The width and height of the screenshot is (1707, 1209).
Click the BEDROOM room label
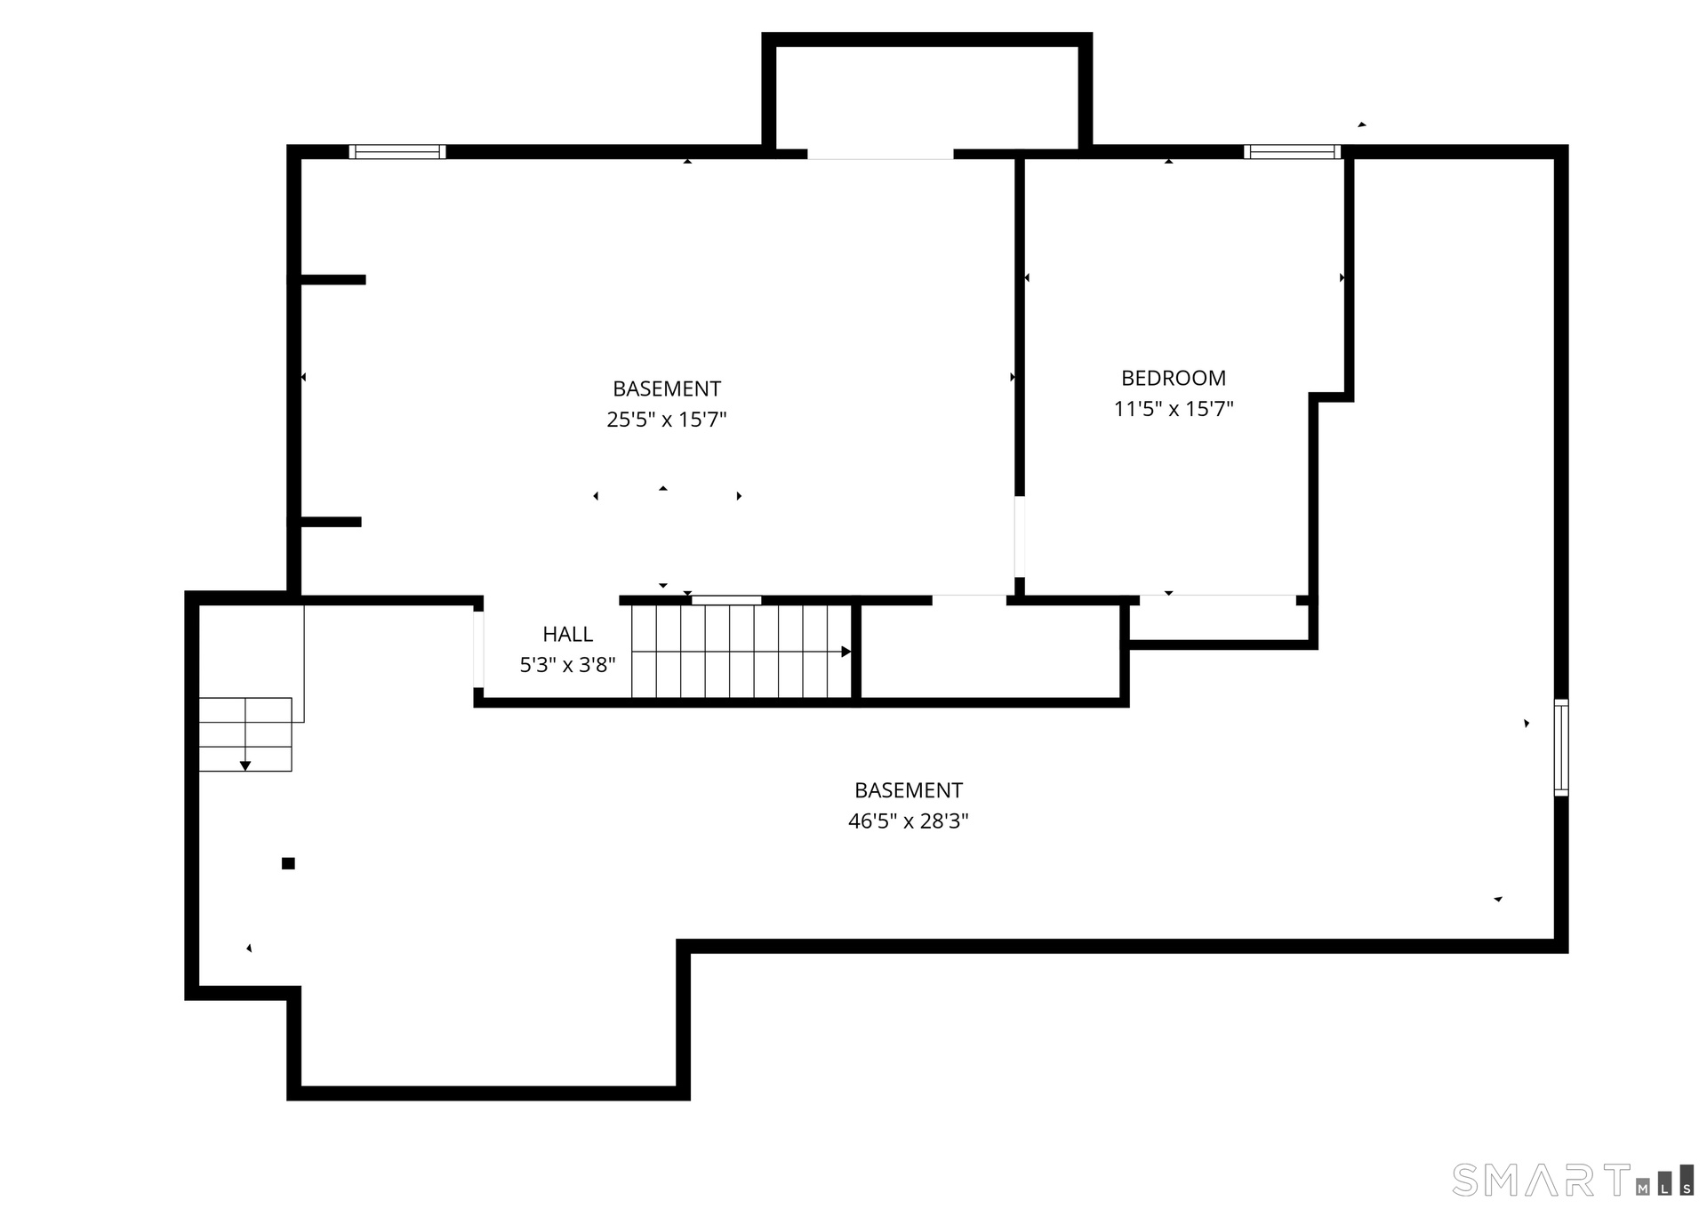point(1174,379)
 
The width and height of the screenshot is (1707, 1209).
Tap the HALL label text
point(568,635)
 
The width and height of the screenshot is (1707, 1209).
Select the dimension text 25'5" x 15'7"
point(667,420)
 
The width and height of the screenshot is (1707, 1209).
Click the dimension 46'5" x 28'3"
point(908,821)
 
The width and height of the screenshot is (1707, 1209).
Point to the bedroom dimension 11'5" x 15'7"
point(1174,409)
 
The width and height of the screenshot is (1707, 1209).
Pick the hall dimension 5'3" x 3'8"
point(567,665)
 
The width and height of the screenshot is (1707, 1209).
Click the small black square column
point(288,863)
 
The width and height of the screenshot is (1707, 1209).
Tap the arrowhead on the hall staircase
point(846,652)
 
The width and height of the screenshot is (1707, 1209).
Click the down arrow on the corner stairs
point(245,765)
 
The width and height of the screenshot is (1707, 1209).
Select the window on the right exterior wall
point(1561,748)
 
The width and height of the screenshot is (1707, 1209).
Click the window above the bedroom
point(1292,152)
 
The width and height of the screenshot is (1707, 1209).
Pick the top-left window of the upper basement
point(397,152)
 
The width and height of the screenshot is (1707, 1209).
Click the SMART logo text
point(1542,1180)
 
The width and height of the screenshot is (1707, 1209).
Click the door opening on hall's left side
point(478,650)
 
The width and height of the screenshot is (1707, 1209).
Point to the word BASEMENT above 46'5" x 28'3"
point(909,790)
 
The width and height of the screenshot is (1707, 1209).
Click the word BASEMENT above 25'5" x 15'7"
point(667,388)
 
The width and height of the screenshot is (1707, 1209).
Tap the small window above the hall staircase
point(726,600)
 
